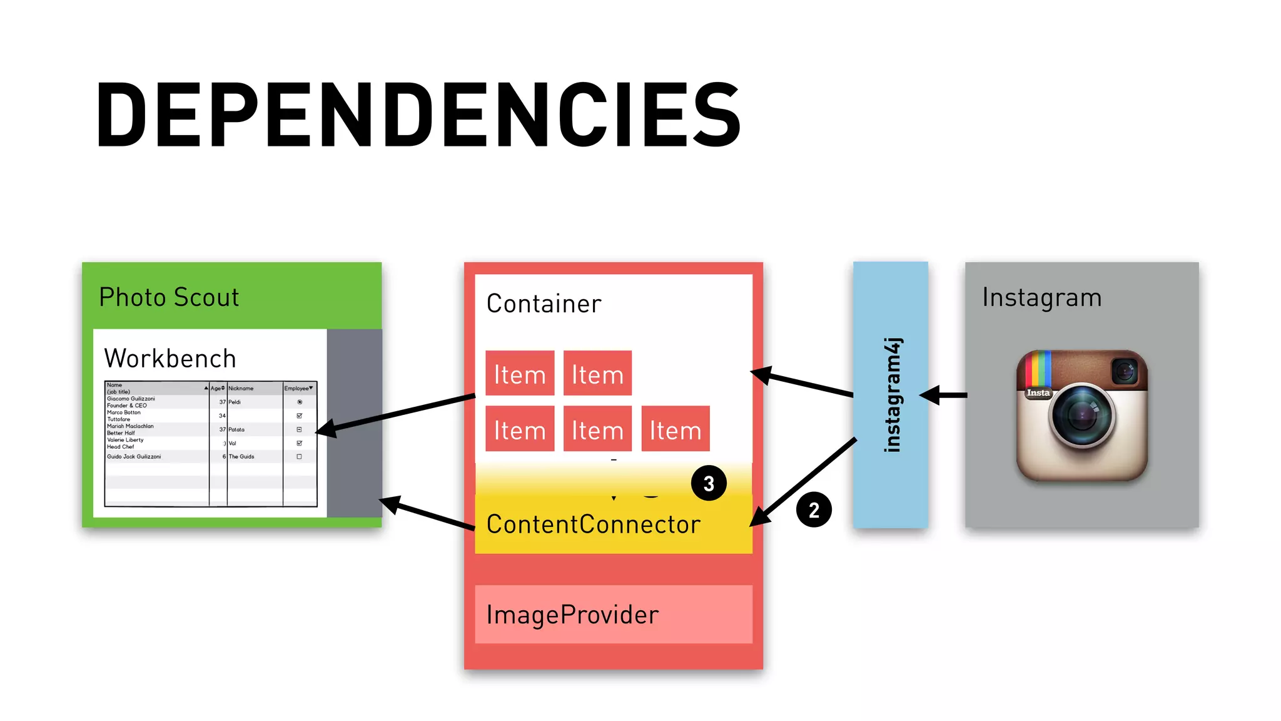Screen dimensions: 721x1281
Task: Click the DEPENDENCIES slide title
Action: click(x=418, y=115)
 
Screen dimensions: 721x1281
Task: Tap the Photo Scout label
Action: click(x=169, y=297)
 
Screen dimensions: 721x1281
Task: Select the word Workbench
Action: click(x=170, y=359)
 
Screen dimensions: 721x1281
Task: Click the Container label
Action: click(x=544, y=304)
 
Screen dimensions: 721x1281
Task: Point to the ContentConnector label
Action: click(x=593, y=524)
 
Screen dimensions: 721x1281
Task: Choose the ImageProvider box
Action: click(x=613, y=615)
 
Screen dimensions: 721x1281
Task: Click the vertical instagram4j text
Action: click(x=893, y=395)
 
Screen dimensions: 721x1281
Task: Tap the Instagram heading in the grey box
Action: click(x=1041, y=297)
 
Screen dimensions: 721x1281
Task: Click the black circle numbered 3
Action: click(x=709, y=483)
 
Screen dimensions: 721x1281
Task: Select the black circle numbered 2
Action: click(x=814, y=510)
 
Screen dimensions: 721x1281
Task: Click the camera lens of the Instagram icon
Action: click(x=1082, y=415)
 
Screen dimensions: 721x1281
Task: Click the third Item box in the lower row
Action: click(x=675, y=429)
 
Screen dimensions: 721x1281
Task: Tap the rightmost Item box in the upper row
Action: click(x=597, y=374)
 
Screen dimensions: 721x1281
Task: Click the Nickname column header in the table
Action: click(x=241, y=389)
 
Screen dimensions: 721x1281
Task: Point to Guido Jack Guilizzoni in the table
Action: click(x=134, y=457)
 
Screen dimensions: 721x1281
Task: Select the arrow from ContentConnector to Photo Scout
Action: click(x=428, y=514)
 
